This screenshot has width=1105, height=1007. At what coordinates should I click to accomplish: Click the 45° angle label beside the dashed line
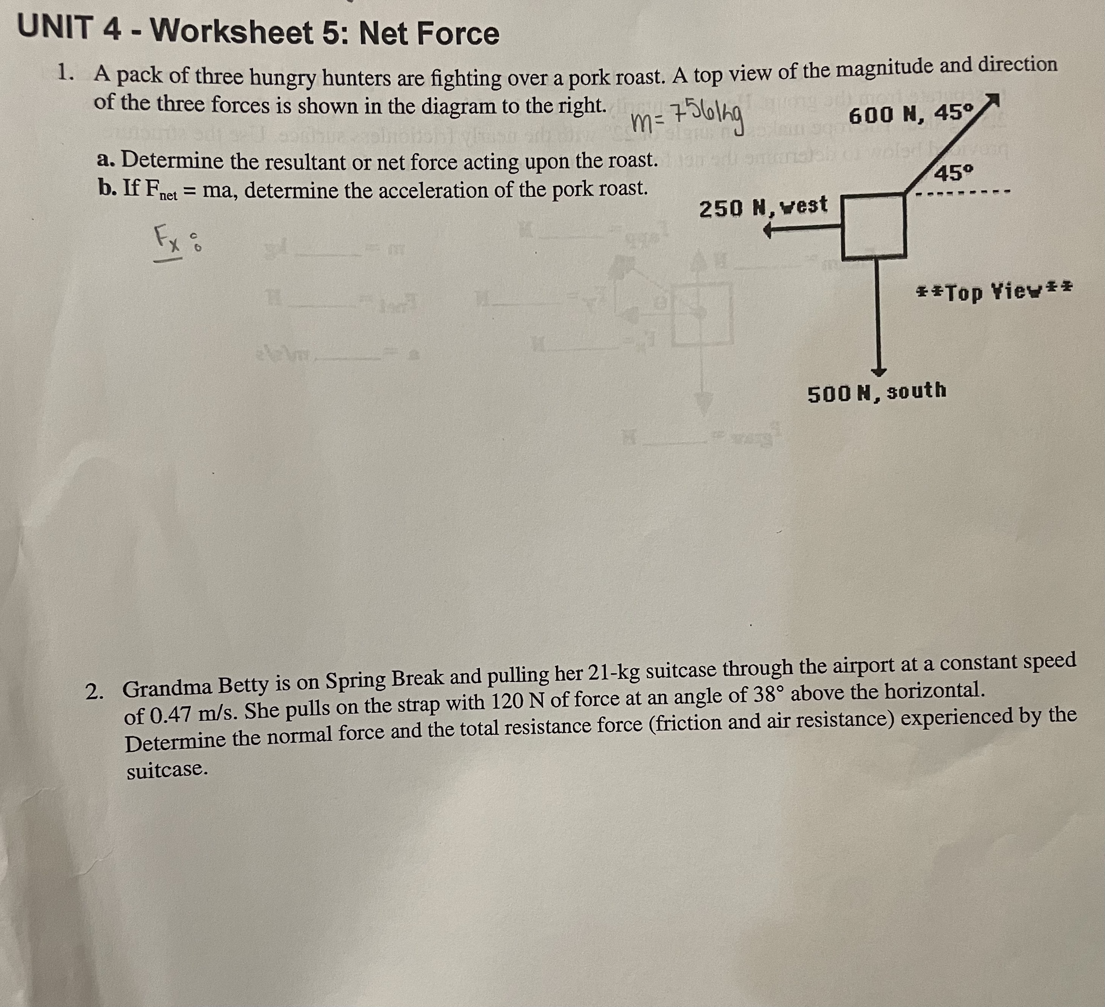[954, 174]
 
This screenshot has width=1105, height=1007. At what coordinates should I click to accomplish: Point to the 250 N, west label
[762, 207]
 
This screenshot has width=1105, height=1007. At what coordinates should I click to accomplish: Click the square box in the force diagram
[873, 226]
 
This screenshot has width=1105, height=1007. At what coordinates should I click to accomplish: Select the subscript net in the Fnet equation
[169, 196]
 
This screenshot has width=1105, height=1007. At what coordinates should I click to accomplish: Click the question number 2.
[94, 693]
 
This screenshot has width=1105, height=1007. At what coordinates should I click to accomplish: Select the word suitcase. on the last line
[167, 770]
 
